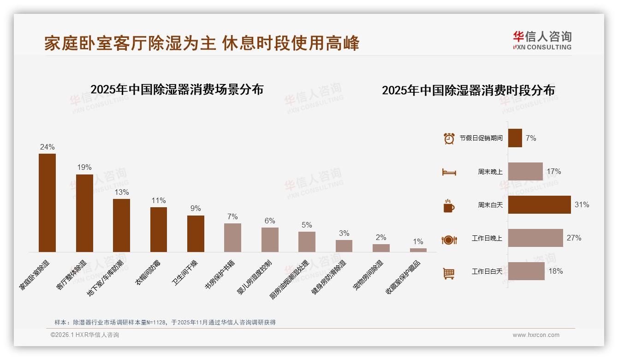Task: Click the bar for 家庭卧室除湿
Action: coord(47,203)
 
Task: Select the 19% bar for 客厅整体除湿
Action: coord(84,213)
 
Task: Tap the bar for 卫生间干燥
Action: coord(196,234)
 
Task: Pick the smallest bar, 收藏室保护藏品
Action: coord(418,250)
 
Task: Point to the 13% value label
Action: coord(122,192)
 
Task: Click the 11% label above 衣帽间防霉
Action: coord(159,200)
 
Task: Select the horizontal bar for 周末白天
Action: coord(539,204)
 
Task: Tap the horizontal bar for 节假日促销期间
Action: coord(515,138)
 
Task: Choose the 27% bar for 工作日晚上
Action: coord(535,238)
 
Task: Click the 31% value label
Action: coord(582,204)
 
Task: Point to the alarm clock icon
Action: coord(449,138)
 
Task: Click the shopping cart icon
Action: coord(449,273)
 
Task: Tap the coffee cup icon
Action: coord(449,206)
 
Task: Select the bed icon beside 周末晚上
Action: coord(449,172)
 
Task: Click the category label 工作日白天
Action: coord(487,271)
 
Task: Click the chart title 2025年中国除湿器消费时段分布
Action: coord(468,90)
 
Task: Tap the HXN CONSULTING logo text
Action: coord(542,47)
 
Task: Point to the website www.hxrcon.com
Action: coord(536,335)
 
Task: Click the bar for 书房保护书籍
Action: coord(232,237)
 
